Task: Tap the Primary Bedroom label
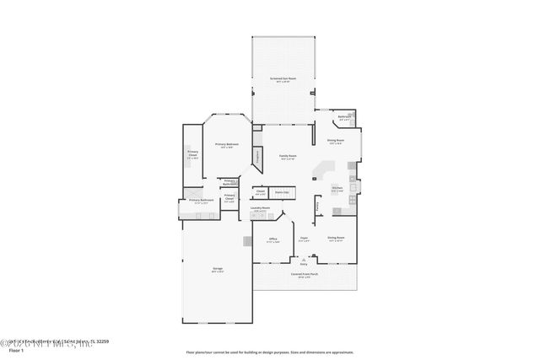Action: [225, 144]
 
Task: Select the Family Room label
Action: [288, 157]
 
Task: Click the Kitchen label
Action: [337, 188]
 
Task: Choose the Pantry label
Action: [317, 205]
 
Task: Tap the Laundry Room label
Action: [261, 208]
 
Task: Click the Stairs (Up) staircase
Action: [282, 193]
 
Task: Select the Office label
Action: [273, 239]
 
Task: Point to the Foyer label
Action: [305, 239]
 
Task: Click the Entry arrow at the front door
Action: [305, 261]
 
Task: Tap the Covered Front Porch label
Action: [305, 275]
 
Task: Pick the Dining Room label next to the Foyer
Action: [336, 239]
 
